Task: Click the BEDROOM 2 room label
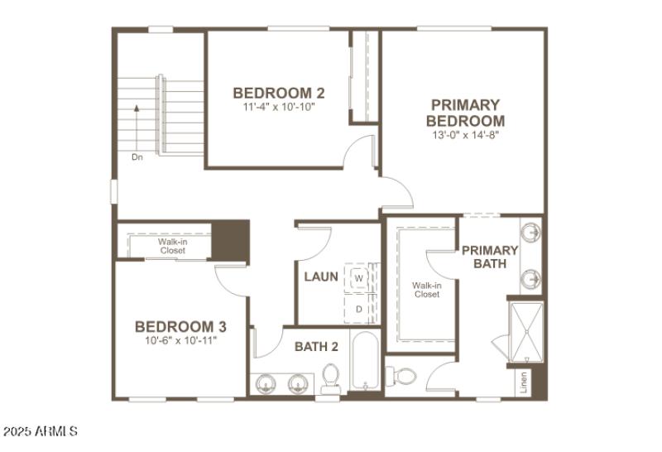[273, 93]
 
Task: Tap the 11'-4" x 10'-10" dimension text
[279, 107]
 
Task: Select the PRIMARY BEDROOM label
[465, 113]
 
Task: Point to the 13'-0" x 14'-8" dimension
[465, 134]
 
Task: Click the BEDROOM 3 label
[180, 326]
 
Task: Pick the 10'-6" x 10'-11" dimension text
[180, 340]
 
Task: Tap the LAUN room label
[320, 276]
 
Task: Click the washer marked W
[359, 278]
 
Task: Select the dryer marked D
[359, 309]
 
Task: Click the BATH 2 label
[316, 347]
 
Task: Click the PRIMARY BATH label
[489, 257]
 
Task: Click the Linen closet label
[523, 382]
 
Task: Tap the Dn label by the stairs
[137, 156]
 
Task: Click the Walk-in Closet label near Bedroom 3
[173, 246]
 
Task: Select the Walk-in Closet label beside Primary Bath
[427, 290]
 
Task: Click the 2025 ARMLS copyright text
[41, 432]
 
